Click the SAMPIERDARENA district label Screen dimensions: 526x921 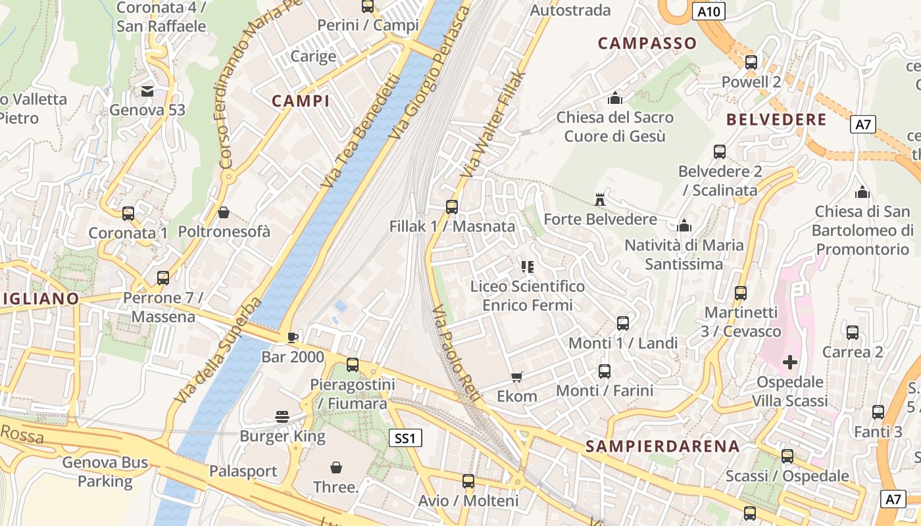pos(662,446)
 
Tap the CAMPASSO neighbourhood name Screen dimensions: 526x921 pos(647,43)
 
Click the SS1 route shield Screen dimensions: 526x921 pos(405,438)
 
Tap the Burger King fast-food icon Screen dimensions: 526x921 pos(282,416)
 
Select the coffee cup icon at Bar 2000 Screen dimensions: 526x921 pos(293,337)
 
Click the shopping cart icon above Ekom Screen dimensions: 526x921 pos(516,377)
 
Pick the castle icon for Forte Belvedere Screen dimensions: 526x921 pos(600,199)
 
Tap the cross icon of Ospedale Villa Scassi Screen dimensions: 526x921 pos(789,362)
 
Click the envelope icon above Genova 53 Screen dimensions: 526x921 pos(147,91)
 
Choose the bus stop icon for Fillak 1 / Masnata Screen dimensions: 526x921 pos(451,207)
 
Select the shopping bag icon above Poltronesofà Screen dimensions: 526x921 pos(224,212)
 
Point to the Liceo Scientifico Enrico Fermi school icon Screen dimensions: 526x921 pos(527,267)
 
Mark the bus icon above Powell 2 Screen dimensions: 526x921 pos(751,62)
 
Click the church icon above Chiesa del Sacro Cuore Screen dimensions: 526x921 pos(615,98)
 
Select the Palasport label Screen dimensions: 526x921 pos(243,471)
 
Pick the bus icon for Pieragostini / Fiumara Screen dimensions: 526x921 pos(353,364)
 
